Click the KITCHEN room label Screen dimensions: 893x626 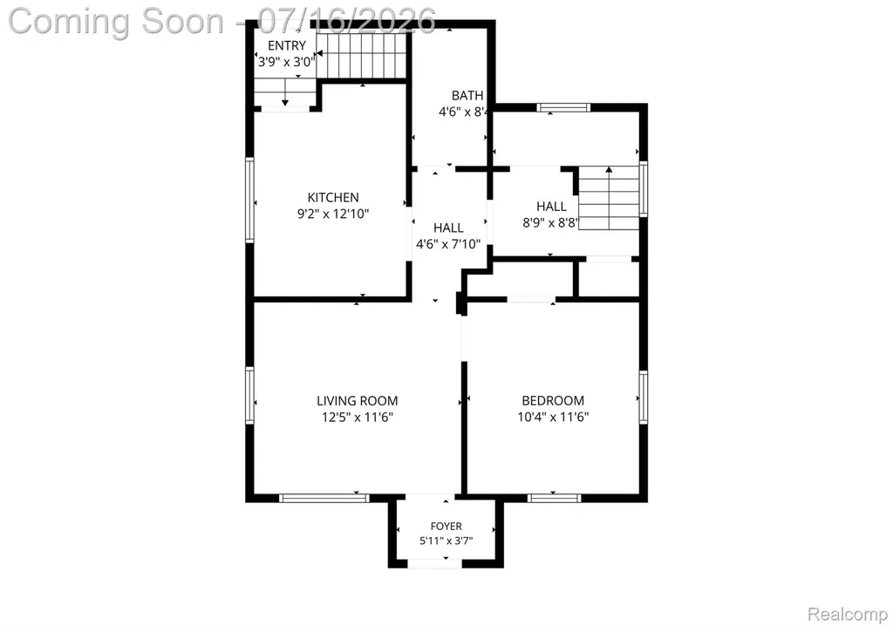pyautogui.click(x=333, y=198)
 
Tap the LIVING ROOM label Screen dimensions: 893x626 pyautogui.click(x=357, y=401)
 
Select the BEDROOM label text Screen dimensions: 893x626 pyautogui.click(x=553, y=401)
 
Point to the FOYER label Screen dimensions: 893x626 pyautogui.click(x=446, y=527)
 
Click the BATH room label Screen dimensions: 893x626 pyautogui.click(x=467, y=96)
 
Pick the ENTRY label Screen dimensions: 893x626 pyautogui.click(x=287, y=45)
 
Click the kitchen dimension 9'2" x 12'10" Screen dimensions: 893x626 pyautogui.click(x=333, y=214)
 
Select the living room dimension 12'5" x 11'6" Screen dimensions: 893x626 pyautogui.click(x=357, y=418)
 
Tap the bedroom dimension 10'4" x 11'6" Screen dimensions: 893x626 pyautogui.click(x=553, y=417)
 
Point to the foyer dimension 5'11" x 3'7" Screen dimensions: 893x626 pyautogui.click(x=446, y=541)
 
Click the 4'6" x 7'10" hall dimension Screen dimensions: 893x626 pyautogui.click(x=448, y=244)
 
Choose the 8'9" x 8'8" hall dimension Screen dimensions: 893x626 pyautogui.click(x=550, y=222)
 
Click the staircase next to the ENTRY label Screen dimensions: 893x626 pyautogui.click(x=362, y=55)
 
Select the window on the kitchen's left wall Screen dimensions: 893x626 pyautogui.click(x=249, y=200)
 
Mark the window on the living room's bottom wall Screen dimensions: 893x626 pyautogui.click(x=324, y=498)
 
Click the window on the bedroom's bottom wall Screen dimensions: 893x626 pyautogui.click(x=554, y=498)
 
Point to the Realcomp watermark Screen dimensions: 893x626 pyautogui.click(x=848, y=615)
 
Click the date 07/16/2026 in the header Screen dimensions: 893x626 pyautogui.click(x=347, y=22)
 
